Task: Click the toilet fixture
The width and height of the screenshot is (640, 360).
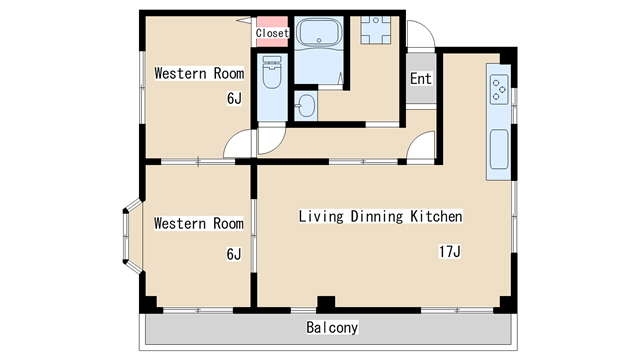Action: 272,72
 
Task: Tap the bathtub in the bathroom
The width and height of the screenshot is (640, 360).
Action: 319,32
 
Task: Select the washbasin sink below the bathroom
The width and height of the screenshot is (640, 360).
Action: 305,105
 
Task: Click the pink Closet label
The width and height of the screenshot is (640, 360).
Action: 272,33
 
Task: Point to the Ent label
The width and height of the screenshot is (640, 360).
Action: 420,78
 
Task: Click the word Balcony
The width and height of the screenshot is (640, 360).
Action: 332,327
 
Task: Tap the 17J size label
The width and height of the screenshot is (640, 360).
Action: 450,251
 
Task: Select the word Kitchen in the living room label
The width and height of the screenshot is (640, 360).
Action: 436,216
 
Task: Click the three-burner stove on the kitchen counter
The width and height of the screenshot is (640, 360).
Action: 499,89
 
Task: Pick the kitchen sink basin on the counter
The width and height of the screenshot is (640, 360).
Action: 499,149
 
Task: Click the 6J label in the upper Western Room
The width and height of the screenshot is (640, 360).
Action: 234,98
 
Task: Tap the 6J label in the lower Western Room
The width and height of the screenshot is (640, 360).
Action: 234,254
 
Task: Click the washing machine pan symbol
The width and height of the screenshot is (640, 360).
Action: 376,30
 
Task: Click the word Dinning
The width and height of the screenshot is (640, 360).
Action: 377,216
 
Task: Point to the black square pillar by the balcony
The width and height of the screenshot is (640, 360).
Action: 326,304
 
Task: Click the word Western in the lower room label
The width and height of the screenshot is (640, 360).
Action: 180,223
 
